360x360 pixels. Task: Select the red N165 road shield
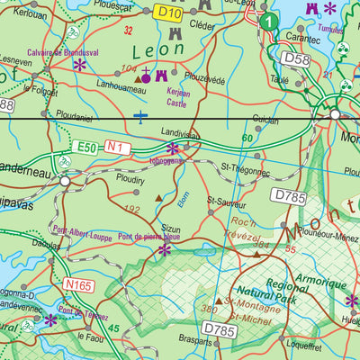pyautogui.click(x=78, y=285)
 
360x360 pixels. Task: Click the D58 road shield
pyautogui.click(x=295, y=58)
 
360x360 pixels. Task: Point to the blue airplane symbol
pyautogui.click(x=140, y=115)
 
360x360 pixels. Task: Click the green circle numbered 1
pyautogui.click(x=268, y=20)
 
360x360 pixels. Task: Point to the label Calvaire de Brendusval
pyautogui.click(x=64, y=52)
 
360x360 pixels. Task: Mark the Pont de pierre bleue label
pyautogui.click(x=149, y=237)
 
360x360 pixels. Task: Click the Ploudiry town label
pyautogui.click(x=131, y=179)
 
